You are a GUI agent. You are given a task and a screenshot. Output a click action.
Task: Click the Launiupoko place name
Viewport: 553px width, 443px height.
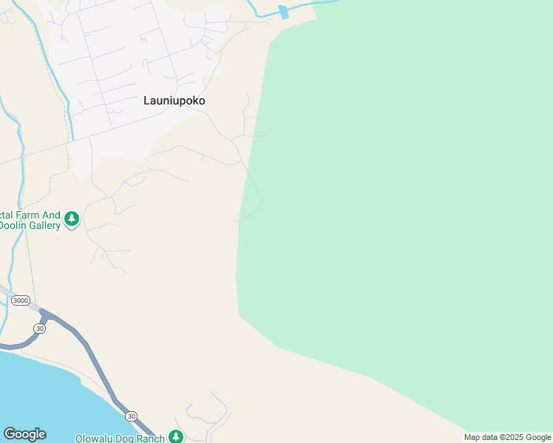click(x=174, y=100)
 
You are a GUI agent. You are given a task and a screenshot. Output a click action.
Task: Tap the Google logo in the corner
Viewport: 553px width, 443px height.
click(x=24, y=434)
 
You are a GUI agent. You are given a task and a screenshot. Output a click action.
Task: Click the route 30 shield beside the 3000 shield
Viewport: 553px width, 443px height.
click(x=40, y=328)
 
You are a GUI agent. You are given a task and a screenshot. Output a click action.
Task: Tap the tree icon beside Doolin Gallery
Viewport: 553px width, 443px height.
click(x=72, y=219)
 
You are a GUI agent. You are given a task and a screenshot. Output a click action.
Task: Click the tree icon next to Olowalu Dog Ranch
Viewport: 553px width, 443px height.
click(x=175, y=437)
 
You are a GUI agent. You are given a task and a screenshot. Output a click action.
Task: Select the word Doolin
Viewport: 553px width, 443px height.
click(x=11, y=226)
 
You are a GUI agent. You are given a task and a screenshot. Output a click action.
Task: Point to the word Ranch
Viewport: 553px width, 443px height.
click(x=151, y=439)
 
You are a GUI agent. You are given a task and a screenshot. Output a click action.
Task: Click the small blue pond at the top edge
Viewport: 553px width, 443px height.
click(x=283, y=12)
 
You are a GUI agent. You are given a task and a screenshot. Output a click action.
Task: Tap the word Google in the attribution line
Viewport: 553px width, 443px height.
click(x=537, y=437)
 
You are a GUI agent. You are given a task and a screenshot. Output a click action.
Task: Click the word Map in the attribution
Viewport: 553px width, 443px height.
click(x=472, y=437)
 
